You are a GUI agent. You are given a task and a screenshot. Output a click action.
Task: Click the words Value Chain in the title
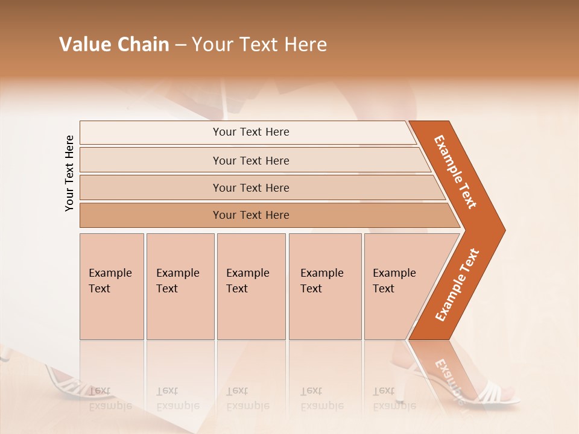tap(114, 45)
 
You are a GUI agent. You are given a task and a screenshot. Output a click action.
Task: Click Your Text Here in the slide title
tap(259, 45)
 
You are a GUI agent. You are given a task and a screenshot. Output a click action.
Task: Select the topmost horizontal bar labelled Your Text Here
tap(250, 132)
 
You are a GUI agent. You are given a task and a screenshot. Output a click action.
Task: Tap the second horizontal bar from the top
tap(250, 160)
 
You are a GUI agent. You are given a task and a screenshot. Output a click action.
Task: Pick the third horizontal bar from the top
tap(250, 187)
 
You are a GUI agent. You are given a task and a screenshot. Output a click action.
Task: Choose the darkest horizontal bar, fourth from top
tap(250, 215)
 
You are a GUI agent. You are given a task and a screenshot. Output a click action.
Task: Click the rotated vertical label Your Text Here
tap(69, 173)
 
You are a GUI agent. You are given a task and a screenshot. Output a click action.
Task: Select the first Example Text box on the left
tap(112, 286)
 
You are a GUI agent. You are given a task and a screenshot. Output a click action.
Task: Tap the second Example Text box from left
tap(180, 286)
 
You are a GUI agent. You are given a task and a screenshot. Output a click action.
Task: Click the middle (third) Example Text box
tap(250, 286)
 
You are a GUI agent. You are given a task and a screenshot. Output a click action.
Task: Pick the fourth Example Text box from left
tap(324, 286)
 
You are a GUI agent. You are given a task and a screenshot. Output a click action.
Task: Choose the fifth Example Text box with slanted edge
tap(395, 286)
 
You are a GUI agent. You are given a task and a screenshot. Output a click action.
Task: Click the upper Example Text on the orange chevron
tap(455, 172)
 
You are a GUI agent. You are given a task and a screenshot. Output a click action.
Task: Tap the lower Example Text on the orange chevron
tap(457, 285)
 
